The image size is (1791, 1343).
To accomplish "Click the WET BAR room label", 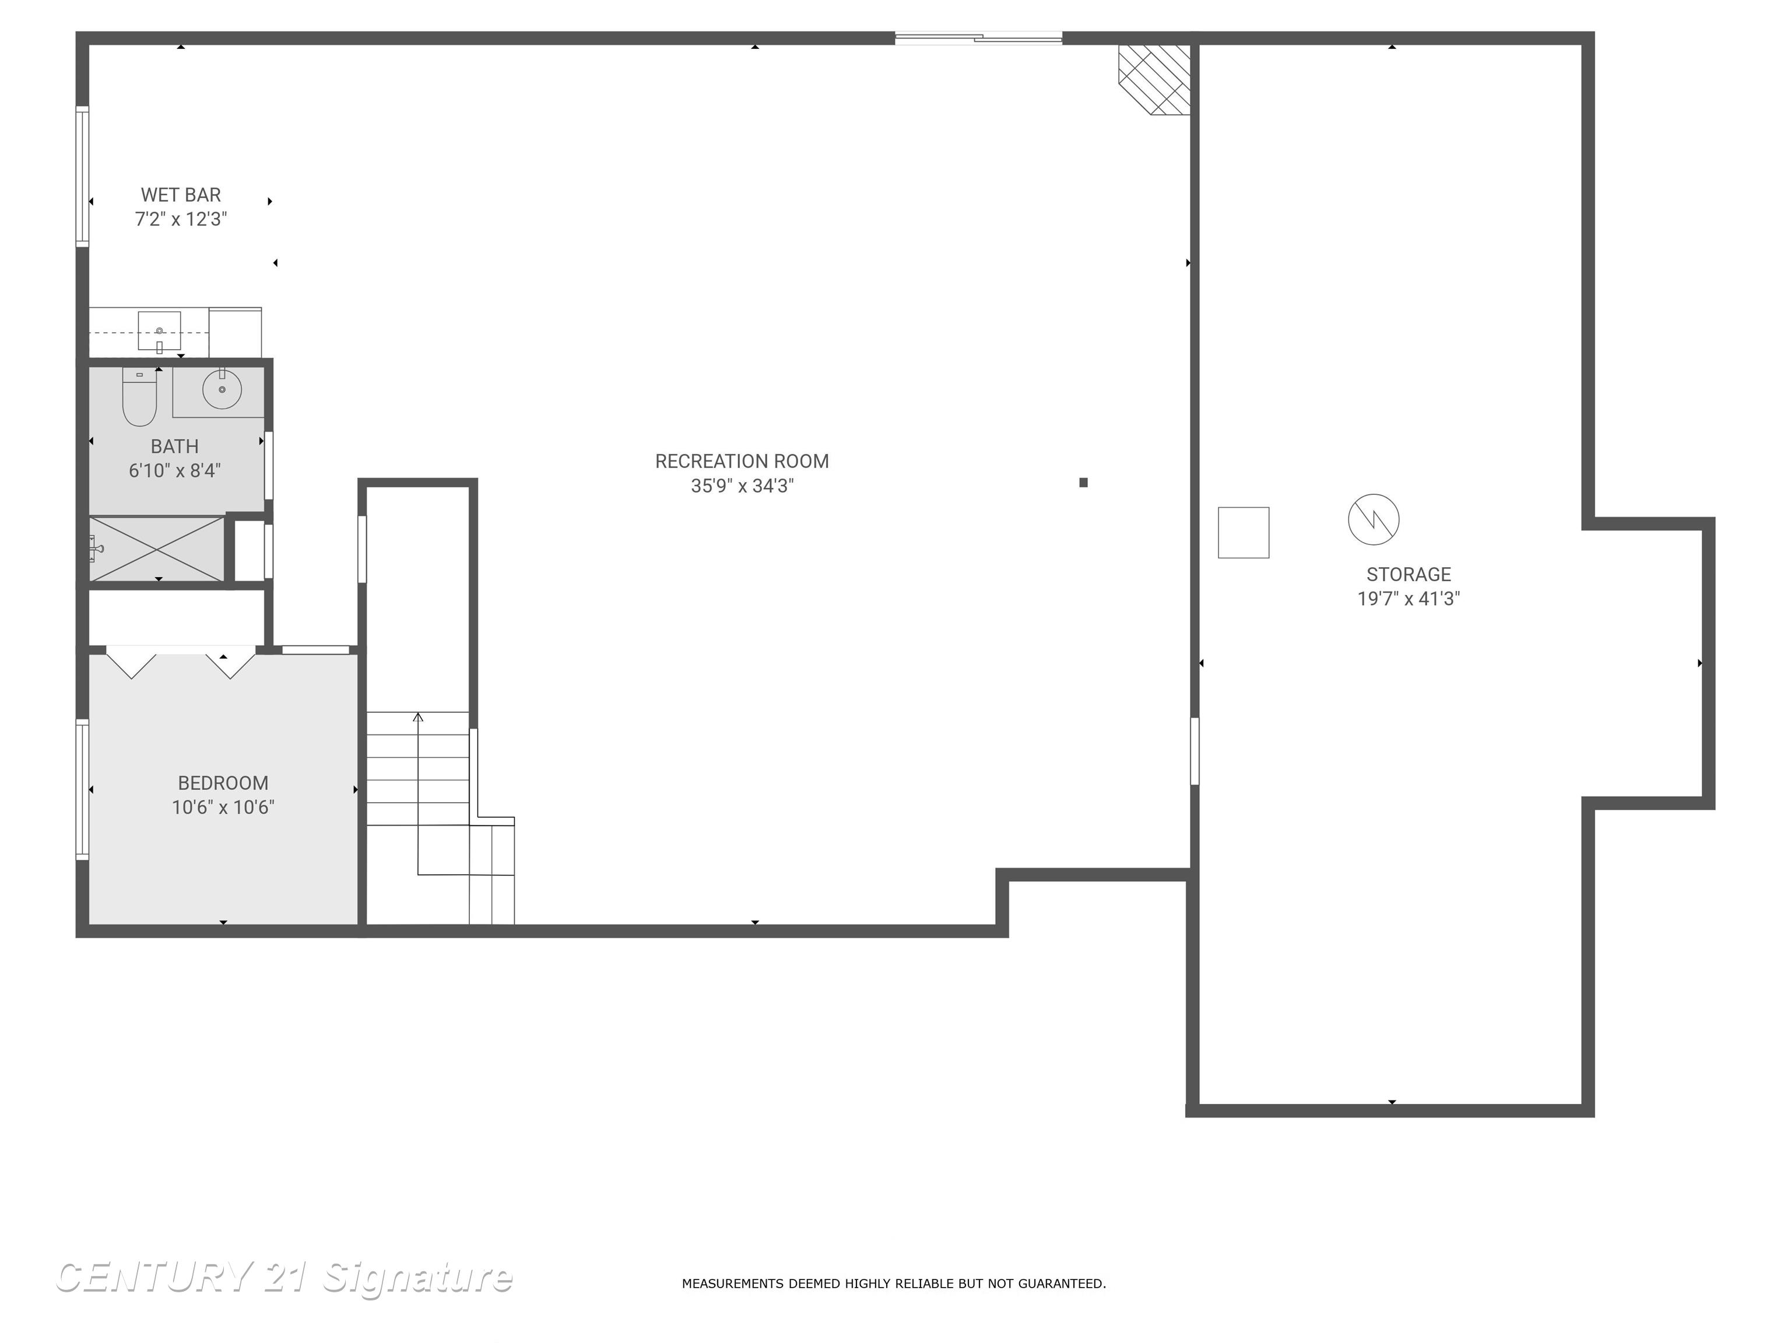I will [x=181, y=195].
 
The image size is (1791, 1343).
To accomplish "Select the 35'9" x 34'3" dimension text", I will [x=742, y=486].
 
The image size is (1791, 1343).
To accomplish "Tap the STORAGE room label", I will [x=1408, y=574].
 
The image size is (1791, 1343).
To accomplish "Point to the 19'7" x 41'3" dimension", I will [x=1408, y=599].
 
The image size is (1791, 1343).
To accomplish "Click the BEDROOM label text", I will [x=223, y=783].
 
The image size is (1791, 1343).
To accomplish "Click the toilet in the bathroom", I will [x=139, y=398].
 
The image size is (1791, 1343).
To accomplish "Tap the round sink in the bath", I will [x=221, y=389].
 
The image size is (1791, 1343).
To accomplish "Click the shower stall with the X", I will [x=157, y=549].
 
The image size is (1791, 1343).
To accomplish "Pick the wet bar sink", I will [x=160, y=331].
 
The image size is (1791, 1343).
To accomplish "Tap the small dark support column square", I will [x=1083, y=483].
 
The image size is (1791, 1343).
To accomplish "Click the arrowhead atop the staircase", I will [x=418, y=717].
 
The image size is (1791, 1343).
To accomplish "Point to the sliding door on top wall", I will [x=978, y=37].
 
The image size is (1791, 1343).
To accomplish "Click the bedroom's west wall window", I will [x=82, y=789].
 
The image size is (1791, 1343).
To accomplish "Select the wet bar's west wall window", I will [x=82, y=177].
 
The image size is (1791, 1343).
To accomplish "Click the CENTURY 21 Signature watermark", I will [x=283, y=1278].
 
